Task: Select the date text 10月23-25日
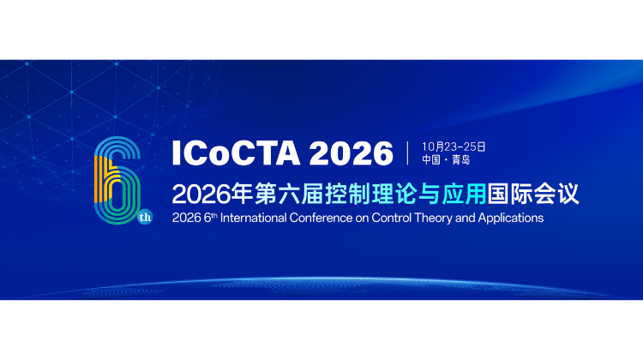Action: [x=454, y=146]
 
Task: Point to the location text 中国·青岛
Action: [x=447, y=160]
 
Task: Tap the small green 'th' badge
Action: [x=144, y=218]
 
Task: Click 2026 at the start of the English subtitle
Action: [x=185, y=218]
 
